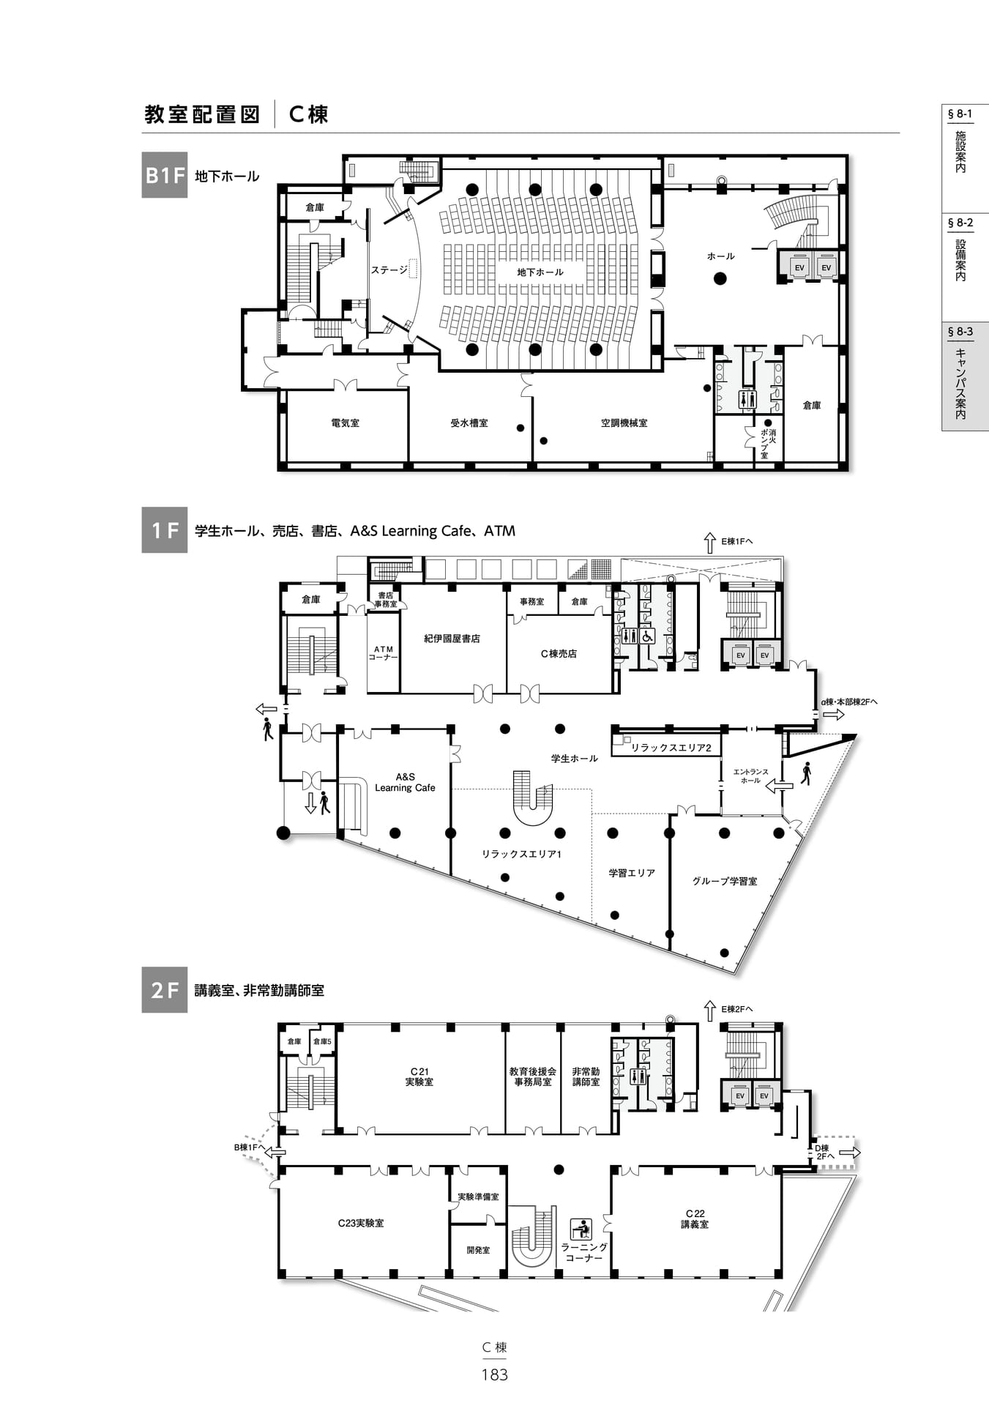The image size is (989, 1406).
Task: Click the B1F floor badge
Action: point(165,175)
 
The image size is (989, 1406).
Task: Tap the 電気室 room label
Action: point(346,423)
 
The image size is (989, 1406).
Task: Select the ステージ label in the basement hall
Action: point(389,270)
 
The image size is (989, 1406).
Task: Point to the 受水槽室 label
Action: point(469,423)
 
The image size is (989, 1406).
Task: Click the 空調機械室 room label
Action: point(624,423)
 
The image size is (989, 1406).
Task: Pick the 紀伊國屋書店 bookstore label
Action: point(452,639)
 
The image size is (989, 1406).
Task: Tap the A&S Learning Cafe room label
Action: point(405,782)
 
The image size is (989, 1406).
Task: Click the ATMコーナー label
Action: point(384,653)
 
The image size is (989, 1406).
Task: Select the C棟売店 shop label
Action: point(559,654)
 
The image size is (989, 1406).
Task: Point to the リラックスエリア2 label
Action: point(671,748)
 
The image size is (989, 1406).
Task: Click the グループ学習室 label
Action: point(725,881)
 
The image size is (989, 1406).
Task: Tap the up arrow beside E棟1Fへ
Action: point(709,543)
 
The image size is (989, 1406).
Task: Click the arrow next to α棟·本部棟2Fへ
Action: point(834,715)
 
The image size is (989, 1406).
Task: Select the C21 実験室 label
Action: point(419,1076)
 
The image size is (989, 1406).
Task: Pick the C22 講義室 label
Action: point(695,1219)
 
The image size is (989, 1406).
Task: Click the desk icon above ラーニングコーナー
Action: point(581,1229)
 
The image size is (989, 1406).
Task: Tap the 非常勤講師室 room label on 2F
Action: point(586,1076)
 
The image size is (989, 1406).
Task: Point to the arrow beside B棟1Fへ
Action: point(275,1152)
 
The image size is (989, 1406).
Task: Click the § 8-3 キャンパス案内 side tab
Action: point(965,376)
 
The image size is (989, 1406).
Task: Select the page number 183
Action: point(495,1375)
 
